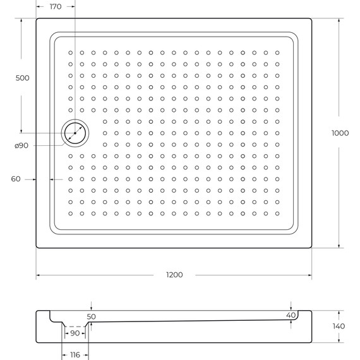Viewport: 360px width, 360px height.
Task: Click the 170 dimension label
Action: (56, 7)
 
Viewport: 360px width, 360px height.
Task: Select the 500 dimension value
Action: (23, 78)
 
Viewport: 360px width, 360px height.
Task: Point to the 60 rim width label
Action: (16, 179)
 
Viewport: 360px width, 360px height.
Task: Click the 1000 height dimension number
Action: (340, 133)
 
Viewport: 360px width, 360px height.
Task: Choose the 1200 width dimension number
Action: (174, 275)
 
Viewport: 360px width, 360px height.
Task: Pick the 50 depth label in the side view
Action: (92, 316)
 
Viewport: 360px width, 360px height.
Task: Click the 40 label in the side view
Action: (291, 315)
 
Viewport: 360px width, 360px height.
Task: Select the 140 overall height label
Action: (339, 326)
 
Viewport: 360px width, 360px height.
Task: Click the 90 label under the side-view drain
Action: (75, 333)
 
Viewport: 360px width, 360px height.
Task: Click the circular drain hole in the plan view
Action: (76, 133)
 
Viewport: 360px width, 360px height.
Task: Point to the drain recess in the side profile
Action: (75, 323)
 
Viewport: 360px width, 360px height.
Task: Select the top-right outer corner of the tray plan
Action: (311, 18)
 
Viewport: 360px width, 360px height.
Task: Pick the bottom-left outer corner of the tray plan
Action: (36, 249)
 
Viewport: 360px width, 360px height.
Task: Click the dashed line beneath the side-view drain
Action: (75, 327)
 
